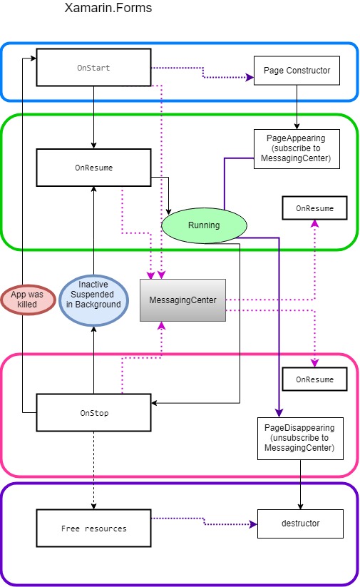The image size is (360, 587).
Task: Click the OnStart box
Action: coord(93,68)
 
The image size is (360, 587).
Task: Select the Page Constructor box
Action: coord(297,71)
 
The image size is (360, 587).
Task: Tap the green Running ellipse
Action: coord(204,225)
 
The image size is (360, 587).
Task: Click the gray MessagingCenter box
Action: coord(183,300)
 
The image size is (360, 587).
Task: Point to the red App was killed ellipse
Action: coord(27,299)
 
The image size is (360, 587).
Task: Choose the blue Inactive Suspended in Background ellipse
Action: coord(93,300)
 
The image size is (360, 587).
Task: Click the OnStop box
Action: coord(93,412)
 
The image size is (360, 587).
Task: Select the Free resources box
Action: coord(93,529)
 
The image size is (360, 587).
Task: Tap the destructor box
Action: coord(299,524)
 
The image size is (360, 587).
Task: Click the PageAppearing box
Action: coord(297,148)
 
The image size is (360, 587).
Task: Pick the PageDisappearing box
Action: coord(299,438)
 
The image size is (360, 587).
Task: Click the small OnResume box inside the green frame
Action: coord(314,208)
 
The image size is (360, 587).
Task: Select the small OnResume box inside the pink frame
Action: coord(314,379)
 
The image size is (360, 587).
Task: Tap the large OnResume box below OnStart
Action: coord(93,168)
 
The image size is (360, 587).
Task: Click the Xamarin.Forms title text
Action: coord(108,9)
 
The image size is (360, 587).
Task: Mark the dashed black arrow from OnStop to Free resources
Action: coord(93,471)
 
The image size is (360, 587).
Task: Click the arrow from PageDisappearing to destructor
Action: coord(299,485)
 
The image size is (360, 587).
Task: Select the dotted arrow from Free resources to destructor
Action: coord(204,521)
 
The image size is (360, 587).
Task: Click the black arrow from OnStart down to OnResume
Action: coord(93,118)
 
